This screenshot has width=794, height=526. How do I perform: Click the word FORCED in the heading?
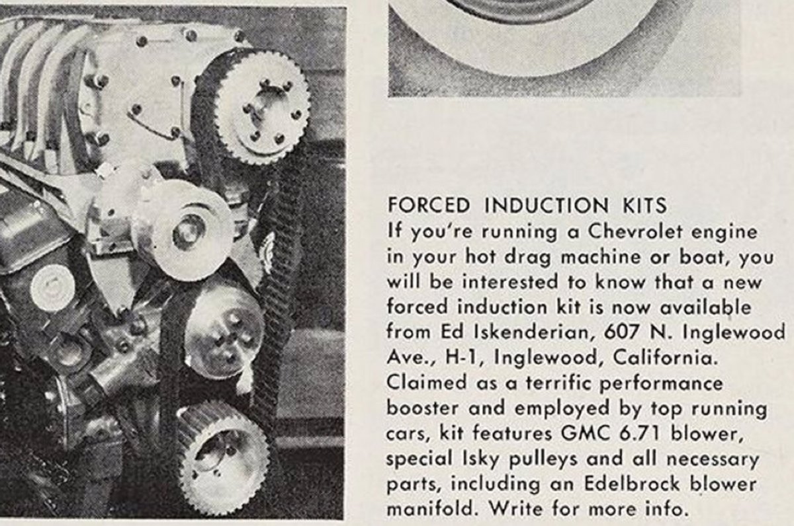[429, 206]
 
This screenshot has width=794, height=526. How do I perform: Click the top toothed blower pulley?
[263, 108]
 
